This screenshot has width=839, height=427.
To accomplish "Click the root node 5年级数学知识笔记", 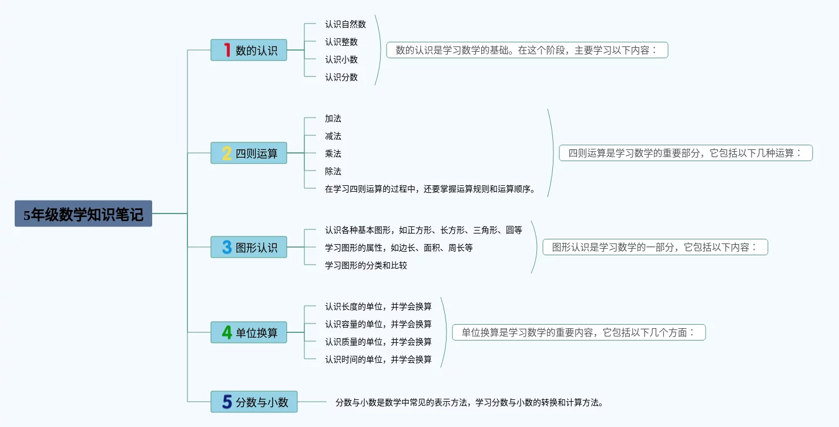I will click(x=83, y=213).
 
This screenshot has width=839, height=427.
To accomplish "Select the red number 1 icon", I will click(x=227, y=50).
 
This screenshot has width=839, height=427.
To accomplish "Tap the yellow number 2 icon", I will click(x=227, y=154).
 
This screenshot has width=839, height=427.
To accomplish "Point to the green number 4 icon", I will click(x=227, y=332).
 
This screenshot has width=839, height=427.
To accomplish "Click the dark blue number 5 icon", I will click(x=227, y=402).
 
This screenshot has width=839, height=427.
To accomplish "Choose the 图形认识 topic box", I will click(x=249, y=247).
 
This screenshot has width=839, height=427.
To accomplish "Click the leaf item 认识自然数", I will click(x=345, y=24).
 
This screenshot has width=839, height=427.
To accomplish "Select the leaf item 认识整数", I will click(x=341, y=42).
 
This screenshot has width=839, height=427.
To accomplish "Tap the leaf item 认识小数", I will click(x=341, y=59).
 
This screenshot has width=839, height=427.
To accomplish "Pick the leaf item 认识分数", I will click(x=341, y=77).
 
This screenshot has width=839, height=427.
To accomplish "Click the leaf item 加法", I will click(x=333, y=118).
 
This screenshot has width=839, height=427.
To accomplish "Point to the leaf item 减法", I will click(x=333, y=136).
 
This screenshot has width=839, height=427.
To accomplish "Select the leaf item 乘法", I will click(x=333, y=154).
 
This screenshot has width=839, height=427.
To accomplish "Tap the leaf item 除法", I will click(x=333, y=171).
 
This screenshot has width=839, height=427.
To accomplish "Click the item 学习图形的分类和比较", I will click(x=365, y=265).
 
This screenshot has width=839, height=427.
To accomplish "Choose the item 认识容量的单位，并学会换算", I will click(x=378, y=324).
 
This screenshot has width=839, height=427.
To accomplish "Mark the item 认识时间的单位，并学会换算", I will click(x=378, y=359).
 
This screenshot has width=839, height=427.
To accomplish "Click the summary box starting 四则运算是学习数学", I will click(x=686, y=153).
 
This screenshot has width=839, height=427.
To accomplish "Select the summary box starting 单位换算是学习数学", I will click(x=579, y=332).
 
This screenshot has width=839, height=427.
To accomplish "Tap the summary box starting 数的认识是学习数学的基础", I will click(x=527, y=50).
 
